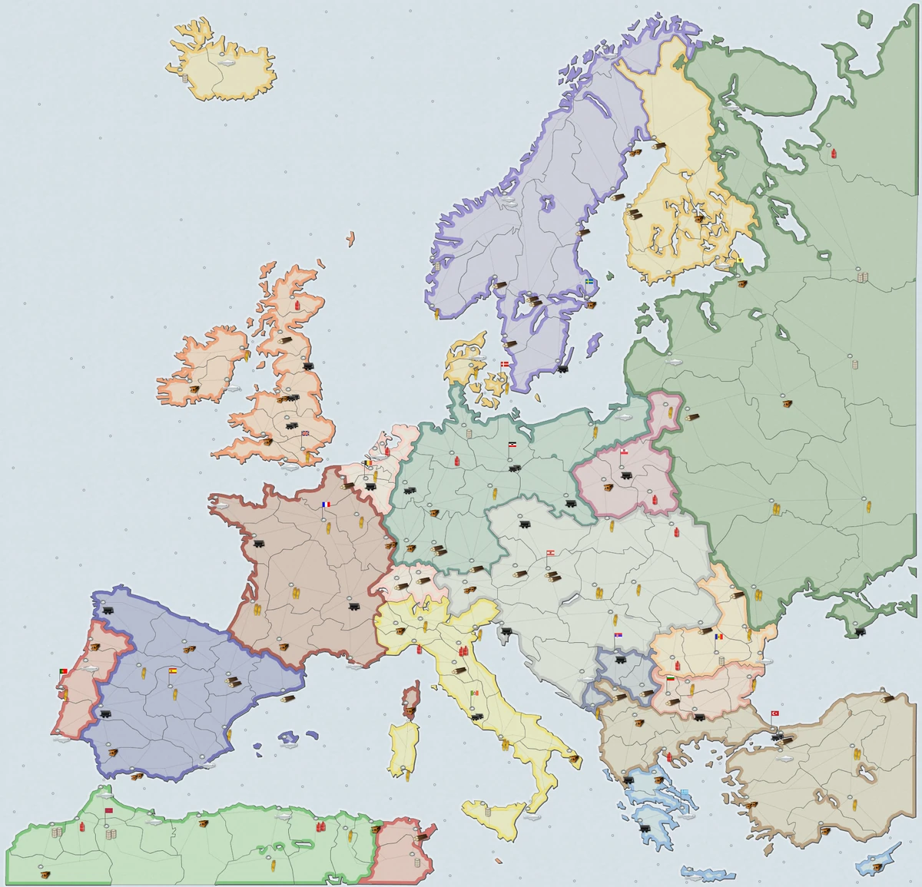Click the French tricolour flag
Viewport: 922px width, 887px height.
click(x=326, y=505)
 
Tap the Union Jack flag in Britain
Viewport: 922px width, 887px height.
click(x=305, y=433)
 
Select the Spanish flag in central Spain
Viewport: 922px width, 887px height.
click(x=172, y=670)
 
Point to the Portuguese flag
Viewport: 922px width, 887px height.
click(x=63, y=671)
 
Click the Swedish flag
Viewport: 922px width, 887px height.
click(x=589, y=283)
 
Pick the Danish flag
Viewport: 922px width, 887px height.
click(x=505, y=363)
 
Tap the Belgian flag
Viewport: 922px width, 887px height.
click(x=367, y=463)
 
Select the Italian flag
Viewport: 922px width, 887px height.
click(x=475, y=693)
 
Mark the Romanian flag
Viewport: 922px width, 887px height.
click(x=719, y=637)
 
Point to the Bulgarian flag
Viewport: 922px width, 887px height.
click(x=670, y=680)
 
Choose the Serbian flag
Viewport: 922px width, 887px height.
click(x=618, y=637)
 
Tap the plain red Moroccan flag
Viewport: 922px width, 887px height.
click(x=108, y=811)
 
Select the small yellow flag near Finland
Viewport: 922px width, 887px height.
click(x=739, y=260)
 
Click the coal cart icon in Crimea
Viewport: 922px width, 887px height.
click(x=859, y=631)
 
